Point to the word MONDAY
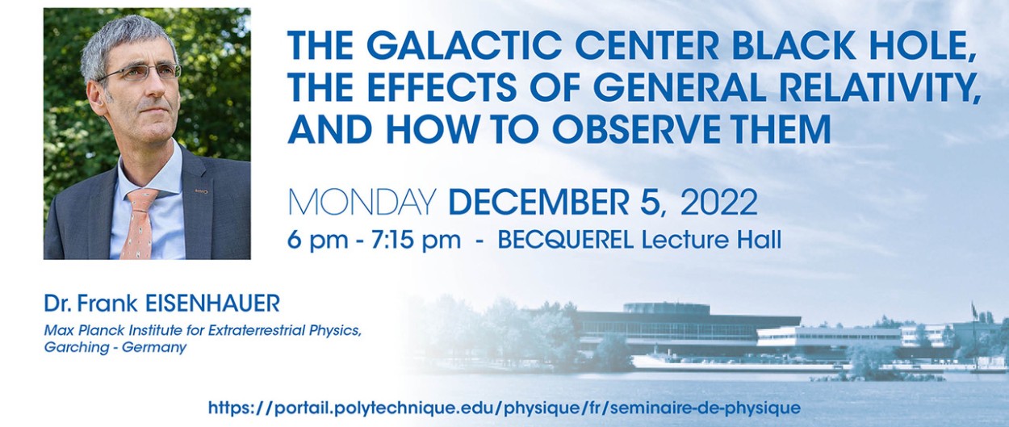pyautogui.click(x=362, y=203)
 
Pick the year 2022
pyautogui.click(x=718, y=203)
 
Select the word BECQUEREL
pyautogui.click(x=566, y=240)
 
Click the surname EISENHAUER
pyautogui.click(x=212, y=304)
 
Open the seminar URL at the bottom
pyautogui.click(x=504, y=408)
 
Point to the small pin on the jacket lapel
pyautogui.click(x=201, y=192)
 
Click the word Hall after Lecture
pyautogui.click(x=759, y=240)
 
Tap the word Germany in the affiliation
pyautogui.click(x=154, y=348)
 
